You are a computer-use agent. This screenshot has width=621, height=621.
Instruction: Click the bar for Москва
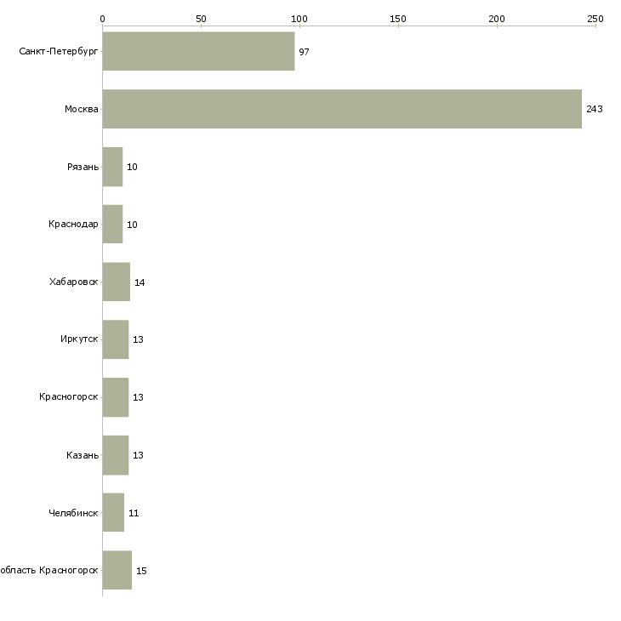click(x=342, y=109)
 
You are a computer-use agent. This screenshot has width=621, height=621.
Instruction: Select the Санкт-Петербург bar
click(x=198, y=52)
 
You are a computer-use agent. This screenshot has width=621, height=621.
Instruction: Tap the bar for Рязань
click(x=112, y=167)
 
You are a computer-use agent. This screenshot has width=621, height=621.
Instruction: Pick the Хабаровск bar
click(x=116, y=282)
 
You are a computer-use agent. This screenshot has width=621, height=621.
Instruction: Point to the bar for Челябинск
click(x=113, y=513)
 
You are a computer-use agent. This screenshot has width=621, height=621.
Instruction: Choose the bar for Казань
click(x=115, y=455)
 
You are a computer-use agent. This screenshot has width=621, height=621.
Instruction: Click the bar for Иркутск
click(x=115, y=339)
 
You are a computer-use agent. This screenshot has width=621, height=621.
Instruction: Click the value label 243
click(x=594, y=109)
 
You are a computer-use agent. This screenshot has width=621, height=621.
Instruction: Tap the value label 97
click(x=304, y=52)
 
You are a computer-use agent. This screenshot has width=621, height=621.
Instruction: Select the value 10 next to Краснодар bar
click(x=132, y=225)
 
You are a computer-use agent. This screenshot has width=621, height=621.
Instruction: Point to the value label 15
click(x=141, y=571)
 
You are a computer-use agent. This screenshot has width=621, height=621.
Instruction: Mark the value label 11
click(x=134, y=513)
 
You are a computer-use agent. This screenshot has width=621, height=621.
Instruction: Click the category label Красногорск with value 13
click(x=69, y=397)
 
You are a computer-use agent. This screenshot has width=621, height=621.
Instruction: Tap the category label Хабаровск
click(x=74, y=282)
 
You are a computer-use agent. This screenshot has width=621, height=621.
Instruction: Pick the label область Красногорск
click(x=48, y=571)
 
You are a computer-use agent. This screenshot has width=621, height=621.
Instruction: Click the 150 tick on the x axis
click(x=398, y=19)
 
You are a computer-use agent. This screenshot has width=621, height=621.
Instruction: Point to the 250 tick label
click(x=595, y=19)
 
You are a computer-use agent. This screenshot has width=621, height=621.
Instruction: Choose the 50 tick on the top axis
click(x=201, y=19)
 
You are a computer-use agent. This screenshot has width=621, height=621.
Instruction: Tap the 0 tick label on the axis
click(x=102, y=19)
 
